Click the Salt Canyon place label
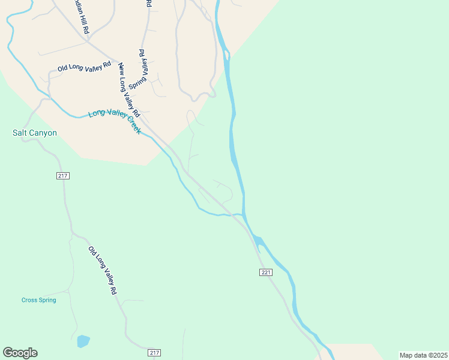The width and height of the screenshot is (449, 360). pyautogui.click(x=35, y=133)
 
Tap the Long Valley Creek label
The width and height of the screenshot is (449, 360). pyautogui.click(x=114, y=121)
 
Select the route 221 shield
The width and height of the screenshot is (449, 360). pyautogui.click(x=267, y=272)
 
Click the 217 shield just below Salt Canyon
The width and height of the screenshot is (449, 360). pyautogui.click(x=64, y=176)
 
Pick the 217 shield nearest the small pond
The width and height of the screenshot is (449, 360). pyautogui.click(x=154, y=352)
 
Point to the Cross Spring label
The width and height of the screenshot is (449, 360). pyautogui.click(x=38, y=300)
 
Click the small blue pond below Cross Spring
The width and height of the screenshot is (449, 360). pyautogui.click(x=83, y=341)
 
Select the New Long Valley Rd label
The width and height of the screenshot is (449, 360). pyautogui.click(x=129, y=90)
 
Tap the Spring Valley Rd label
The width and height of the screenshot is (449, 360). pyautogui.click(x=142, y=69)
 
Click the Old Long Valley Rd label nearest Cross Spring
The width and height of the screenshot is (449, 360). pyautogui.click(x=102, y=270)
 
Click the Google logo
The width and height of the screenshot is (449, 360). pyautogui.click(x=20, y=353)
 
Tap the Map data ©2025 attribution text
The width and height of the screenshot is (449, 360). pyautogui.click(x=423, y=355)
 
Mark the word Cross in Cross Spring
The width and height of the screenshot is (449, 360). pyautogui.click(x=29, y=300)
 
